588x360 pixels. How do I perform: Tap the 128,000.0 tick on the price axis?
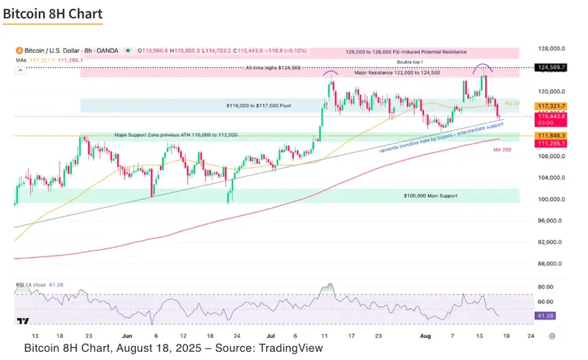point(551,49)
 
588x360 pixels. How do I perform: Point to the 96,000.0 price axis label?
point(551,221)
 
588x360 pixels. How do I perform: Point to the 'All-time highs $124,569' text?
point(273,68)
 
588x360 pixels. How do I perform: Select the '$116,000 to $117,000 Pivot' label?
point(260,107)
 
